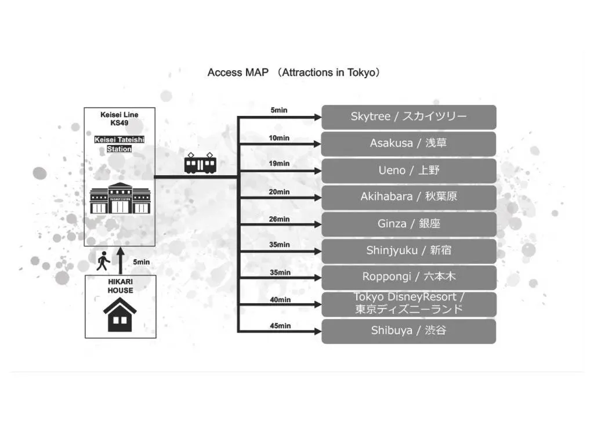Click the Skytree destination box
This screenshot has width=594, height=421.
[x=408, y=117]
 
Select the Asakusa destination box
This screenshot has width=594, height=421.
[x=408, y=144]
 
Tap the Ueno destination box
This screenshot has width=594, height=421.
[x=408, y=170]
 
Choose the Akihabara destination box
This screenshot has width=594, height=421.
[x=408, y=197]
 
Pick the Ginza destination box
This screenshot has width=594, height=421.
[x=408, y=224]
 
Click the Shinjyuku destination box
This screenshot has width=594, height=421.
[x=408, y=251]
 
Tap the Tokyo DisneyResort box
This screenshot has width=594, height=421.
[x=408, y=304]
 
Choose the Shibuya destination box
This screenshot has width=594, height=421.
[x=408, y=331]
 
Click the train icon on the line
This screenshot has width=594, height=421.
[x=200, y=164]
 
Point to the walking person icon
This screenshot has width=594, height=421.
[x=103, y=262]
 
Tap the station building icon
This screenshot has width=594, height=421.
[x=120, y=198]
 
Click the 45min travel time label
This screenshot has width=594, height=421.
[x=280, y=326]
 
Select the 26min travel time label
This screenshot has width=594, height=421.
[x=280, y=219]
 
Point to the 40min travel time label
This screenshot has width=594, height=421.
[x=280, y=300]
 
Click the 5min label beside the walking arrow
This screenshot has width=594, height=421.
[x=141, y=262]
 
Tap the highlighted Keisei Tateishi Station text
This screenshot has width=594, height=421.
[x=119, y=144]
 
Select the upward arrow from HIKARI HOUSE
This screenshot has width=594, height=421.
[x=121, y=260]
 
